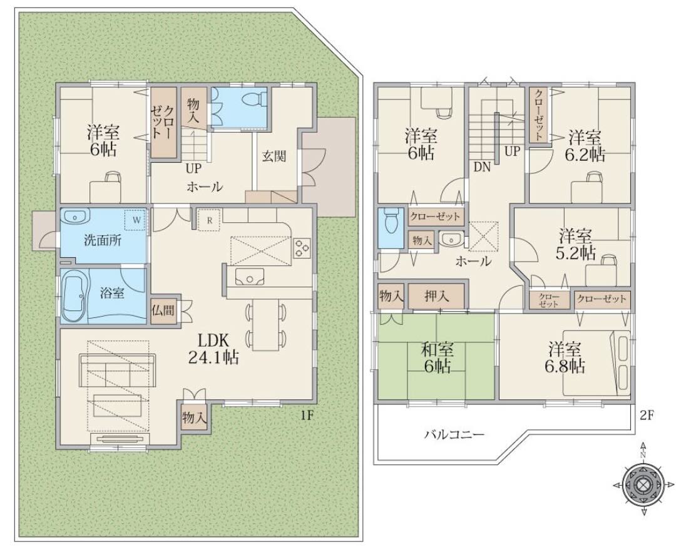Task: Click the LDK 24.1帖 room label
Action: [213, 349]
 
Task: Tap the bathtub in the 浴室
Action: [75, 296]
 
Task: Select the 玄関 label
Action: [274, 156]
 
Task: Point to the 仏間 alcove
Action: [163, 310]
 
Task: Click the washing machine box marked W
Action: [136, 220]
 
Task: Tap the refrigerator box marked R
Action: [210, 220]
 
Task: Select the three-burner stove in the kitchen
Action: [302, 248]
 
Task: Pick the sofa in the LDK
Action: [117, 370]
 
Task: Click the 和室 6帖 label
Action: [438, 357]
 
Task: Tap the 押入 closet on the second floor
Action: [436, 297]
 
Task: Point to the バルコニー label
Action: [454, 435]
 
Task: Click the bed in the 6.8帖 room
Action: [597, 362]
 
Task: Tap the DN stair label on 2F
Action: [483, 167]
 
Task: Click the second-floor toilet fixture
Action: [390, 222]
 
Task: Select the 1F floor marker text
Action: [307, 416]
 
